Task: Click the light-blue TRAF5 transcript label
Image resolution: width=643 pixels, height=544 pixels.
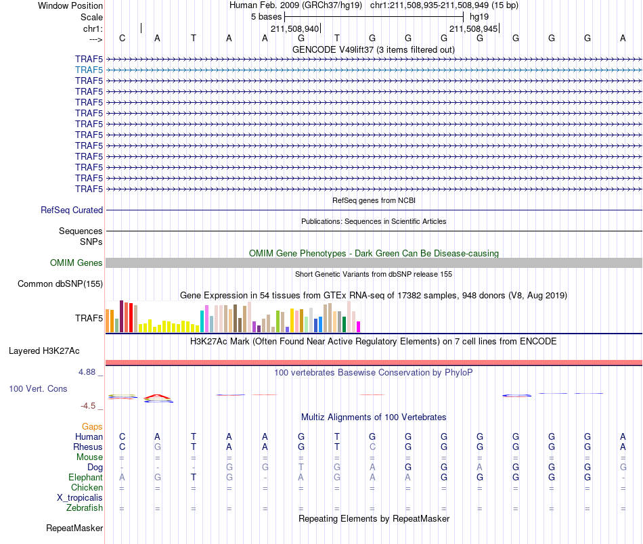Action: pos(89,70)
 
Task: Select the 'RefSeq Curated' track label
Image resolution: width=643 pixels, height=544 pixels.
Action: pos(71,210)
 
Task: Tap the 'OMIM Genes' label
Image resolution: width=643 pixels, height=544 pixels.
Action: pos(76,263)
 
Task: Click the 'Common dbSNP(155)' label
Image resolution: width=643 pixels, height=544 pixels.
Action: pos(60,284)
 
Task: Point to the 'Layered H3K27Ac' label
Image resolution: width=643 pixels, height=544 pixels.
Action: pos(44,351)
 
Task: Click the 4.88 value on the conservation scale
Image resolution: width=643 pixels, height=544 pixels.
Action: pos(87,372)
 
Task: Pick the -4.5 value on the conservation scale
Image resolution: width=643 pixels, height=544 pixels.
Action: pos(88,406)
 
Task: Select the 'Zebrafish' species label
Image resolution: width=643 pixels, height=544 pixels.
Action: pos(85,507)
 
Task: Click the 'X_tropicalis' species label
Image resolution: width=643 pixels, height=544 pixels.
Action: pos(80,498)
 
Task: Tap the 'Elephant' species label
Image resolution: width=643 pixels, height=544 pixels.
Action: pos(85,477)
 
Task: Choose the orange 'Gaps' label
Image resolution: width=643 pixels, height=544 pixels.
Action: pos(92,427)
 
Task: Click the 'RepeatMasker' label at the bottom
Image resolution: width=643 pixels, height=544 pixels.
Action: pos(74,528)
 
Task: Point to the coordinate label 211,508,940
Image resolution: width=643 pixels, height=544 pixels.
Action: pos(294,28)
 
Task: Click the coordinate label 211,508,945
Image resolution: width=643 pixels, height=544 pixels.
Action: pos(473,28)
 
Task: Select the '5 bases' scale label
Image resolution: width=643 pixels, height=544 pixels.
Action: pos(267,17)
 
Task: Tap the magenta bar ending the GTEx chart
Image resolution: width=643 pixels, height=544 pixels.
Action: pos(358,327)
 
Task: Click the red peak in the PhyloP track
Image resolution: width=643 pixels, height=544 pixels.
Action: pos(158,396)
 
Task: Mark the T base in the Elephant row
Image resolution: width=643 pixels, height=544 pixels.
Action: pos(193,477)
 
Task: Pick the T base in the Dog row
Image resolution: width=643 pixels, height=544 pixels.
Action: pos(301,467)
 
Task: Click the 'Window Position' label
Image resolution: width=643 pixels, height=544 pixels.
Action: pos(70,5)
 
